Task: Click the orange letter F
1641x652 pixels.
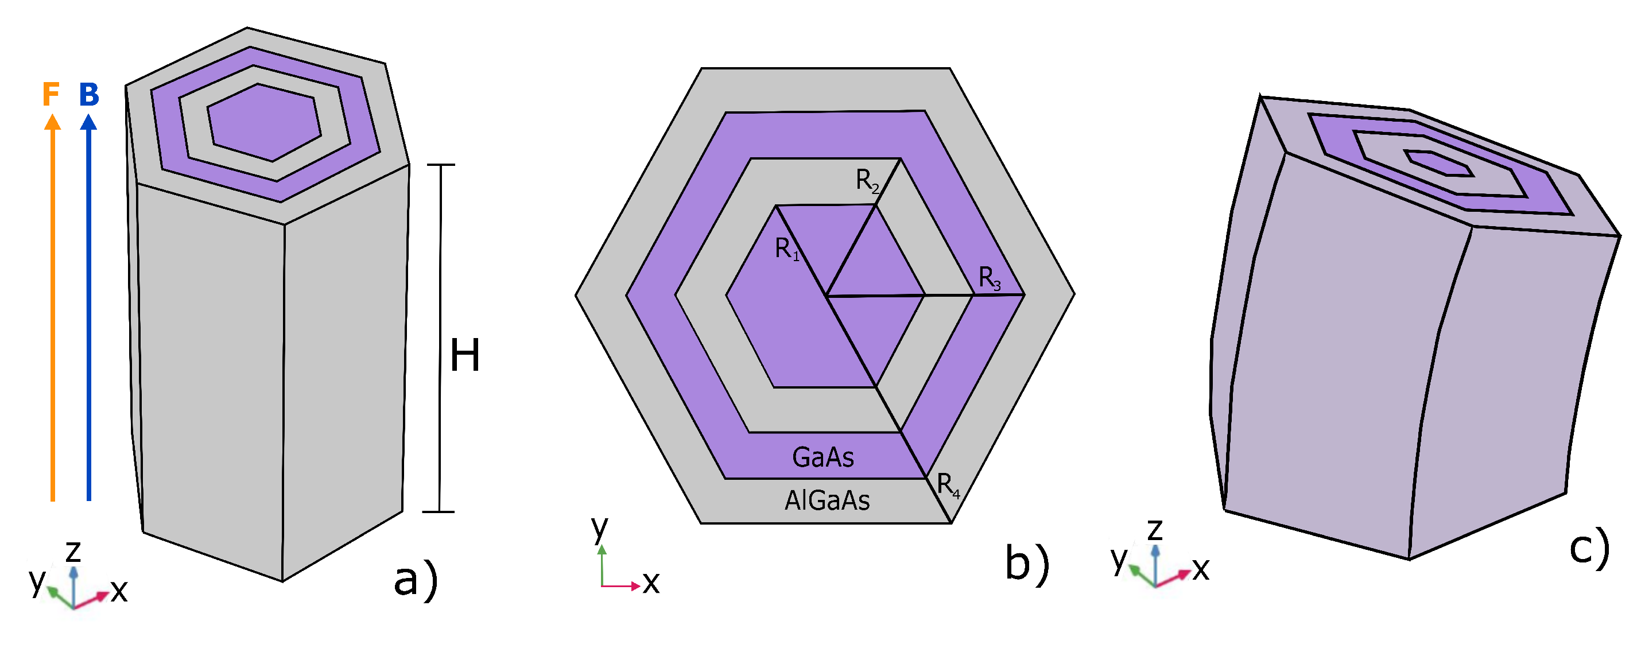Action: tap(51, 94)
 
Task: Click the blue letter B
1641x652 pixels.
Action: tap(89, 94)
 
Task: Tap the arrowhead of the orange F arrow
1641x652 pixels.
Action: tap(52, 122)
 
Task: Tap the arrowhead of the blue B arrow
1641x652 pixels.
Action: tap(88, 122)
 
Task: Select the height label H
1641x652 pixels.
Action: tap(464, 355)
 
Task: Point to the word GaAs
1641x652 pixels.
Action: tap(823, 457)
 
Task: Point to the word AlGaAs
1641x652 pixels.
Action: tap(827, 500)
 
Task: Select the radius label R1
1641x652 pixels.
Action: tap(787, 249)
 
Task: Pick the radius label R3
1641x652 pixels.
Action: tap(990, 278)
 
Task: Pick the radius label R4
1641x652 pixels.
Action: tap(948, 485)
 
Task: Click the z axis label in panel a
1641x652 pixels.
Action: tap(73, 552)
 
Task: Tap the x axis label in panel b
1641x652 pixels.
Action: tap(650, 583)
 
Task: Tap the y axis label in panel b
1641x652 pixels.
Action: tap(599, 528)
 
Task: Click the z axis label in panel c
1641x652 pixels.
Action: tap(1154, 530)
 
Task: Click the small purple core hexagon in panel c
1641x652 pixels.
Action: tap(1439, 163)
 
